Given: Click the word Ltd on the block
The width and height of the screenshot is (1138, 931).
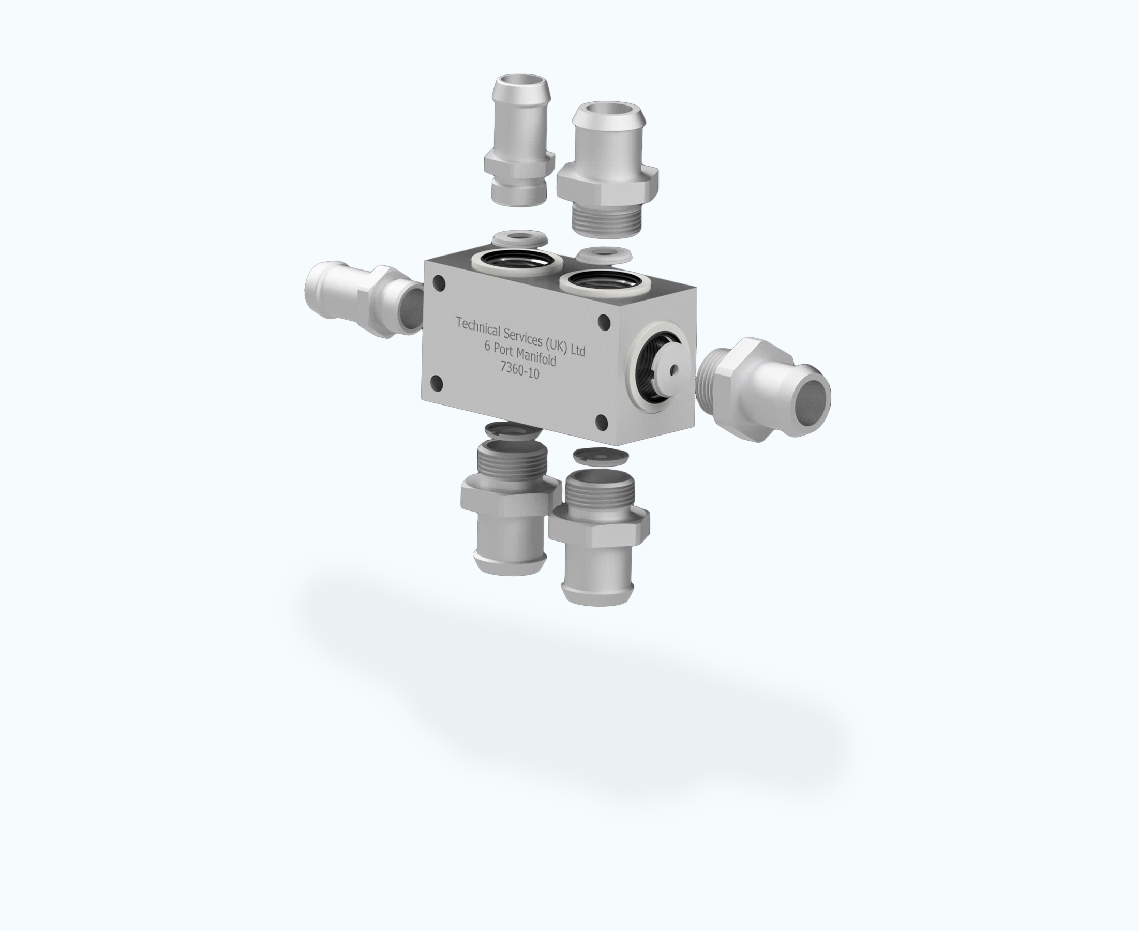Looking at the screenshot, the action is (x=578, y=350).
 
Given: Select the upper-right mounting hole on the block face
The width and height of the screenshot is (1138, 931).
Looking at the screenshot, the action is (x=604, y=322).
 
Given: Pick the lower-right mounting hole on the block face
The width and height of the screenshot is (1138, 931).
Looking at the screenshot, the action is (x=602, y=423).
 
